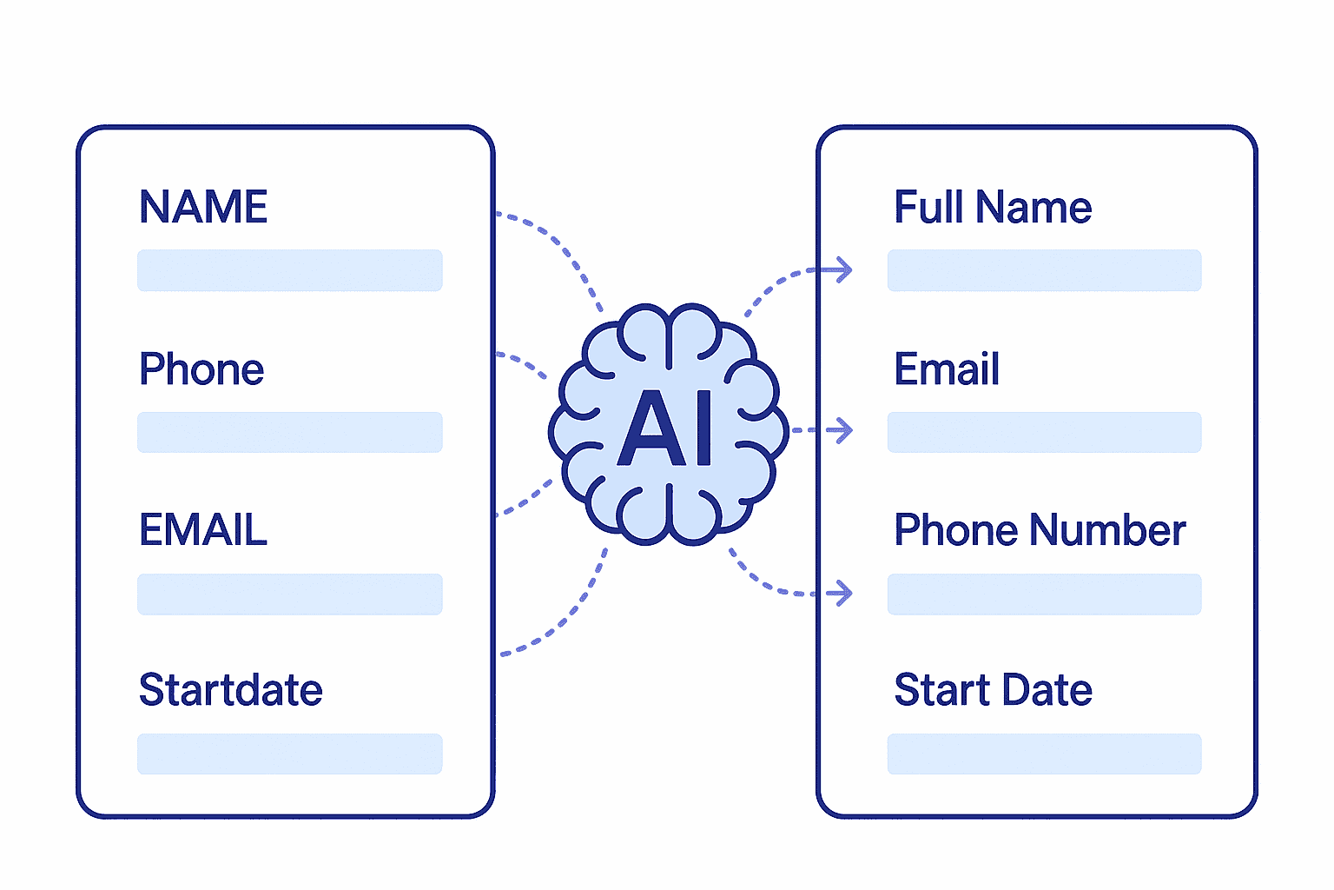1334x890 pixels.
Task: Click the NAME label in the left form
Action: pos(203,207)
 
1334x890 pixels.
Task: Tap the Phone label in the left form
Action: pos(201,369)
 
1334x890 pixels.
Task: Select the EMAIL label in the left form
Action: pos(203,530)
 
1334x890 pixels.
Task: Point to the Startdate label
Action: pos(231,690)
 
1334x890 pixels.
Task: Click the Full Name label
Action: pos(993,207)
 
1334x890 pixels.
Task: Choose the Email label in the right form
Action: pos(947,369)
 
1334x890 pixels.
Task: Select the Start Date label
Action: pos(993,690)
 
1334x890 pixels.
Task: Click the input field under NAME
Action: pos(289,270)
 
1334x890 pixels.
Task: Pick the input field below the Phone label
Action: pos(289,432)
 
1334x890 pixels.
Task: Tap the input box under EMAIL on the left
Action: pos(289,594)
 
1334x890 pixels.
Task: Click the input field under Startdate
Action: pos(289,754)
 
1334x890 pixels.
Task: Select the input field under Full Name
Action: pos(1044,270)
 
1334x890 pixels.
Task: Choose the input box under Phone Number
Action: pos(1044,594)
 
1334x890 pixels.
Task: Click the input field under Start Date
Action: pos(1044,754)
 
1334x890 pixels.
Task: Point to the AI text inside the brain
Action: pos(667,428)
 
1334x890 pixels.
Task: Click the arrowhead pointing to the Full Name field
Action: pos(842,270)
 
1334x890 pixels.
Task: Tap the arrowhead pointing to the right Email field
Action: pos(842,429)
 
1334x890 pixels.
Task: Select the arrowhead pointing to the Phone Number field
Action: pos(842,594)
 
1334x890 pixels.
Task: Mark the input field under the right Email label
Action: pos(1044,432)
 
